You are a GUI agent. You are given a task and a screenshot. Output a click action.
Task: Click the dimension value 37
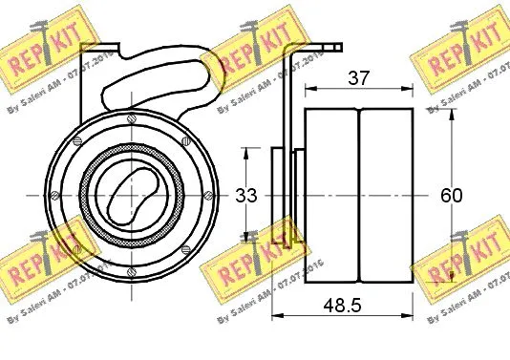click(x=358, y=79)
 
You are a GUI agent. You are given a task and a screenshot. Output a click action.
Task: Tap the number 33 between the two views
click(x=246, y=196)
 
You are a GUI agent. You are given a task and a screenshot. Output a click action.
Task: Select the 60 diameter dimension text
click(x=451, y=196)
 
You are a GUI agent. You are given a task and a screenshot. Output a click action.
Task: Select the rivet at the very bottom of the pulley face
click(x=130, y=266)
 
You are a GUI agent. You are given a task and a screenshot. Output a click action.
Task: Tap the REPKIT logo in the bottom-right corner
click(x=457, y=268)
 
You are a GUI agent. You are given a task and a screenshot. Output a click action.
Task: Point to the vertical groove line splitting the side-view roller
click(x=359, y=195)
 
